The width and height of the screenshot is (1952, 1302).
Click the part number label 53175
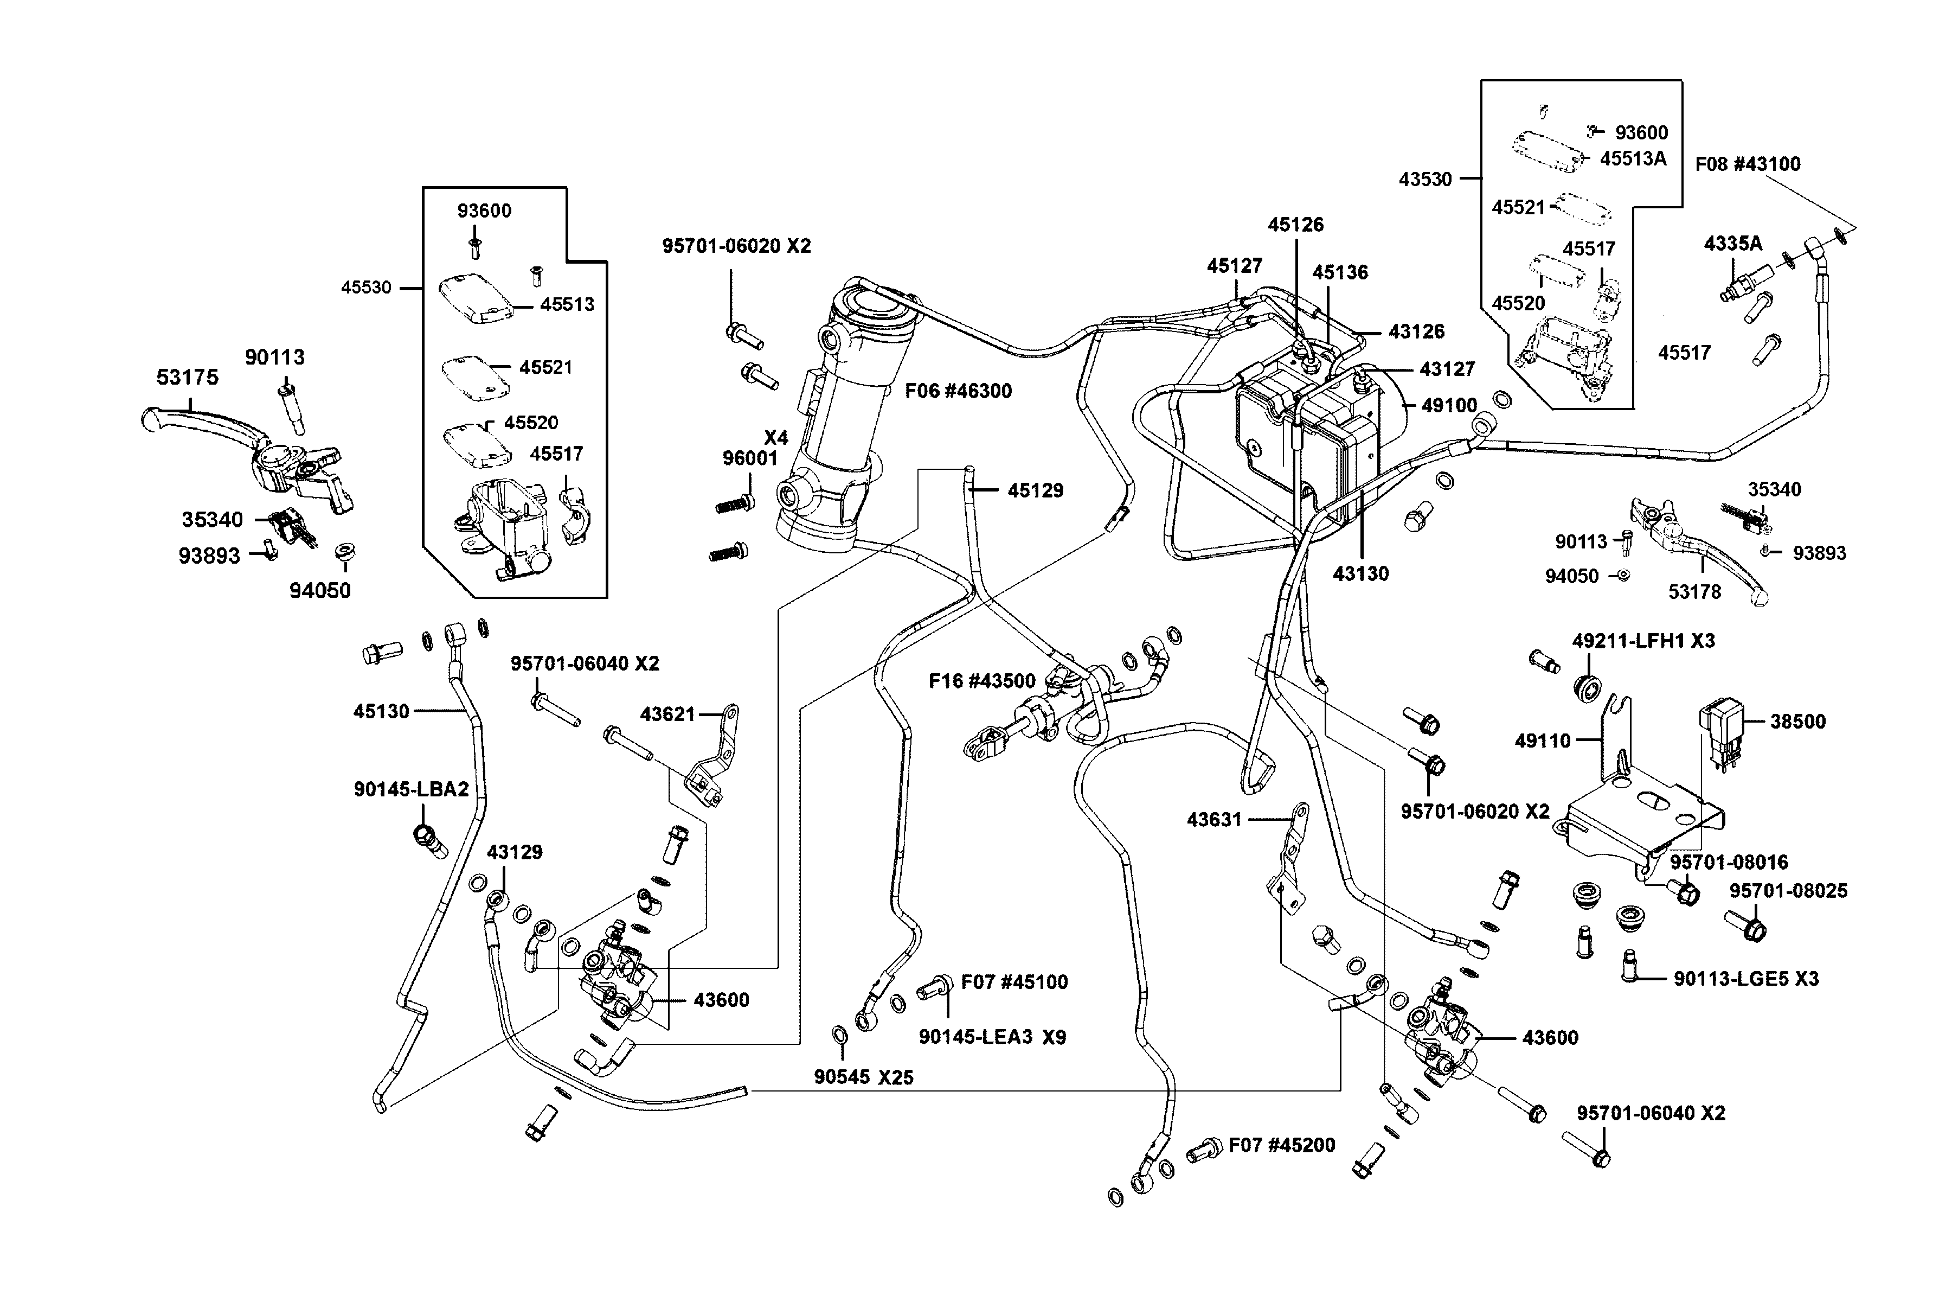(x=188, y=378)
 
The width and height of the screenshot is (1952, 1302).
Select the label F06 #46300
(x=958, y=391)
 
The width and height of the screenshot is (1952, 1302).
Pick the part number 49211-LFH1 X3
(x=1643, y=641)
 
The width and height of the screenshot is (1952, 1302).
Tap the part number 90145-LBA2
(x=412, y=790)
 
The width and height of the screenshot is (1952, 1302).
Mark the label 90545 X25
(x=863, y=1077)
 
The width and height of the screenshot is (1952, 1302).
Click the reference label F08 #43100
(x=1748, y=164)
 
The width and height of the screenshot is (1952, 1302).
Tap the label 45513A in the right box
(x=1633, y=158)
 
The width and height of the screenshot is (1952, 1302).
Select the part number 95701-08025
(x=1788, y=891)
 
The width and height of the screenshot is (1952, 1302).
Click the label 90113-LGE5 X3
(x=1746, y=979)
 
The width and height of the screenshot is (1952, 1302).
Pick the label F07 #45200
(x=1281, y=1146)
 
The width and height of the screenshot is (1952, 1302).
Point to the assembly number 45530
(x=366, y=288)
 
